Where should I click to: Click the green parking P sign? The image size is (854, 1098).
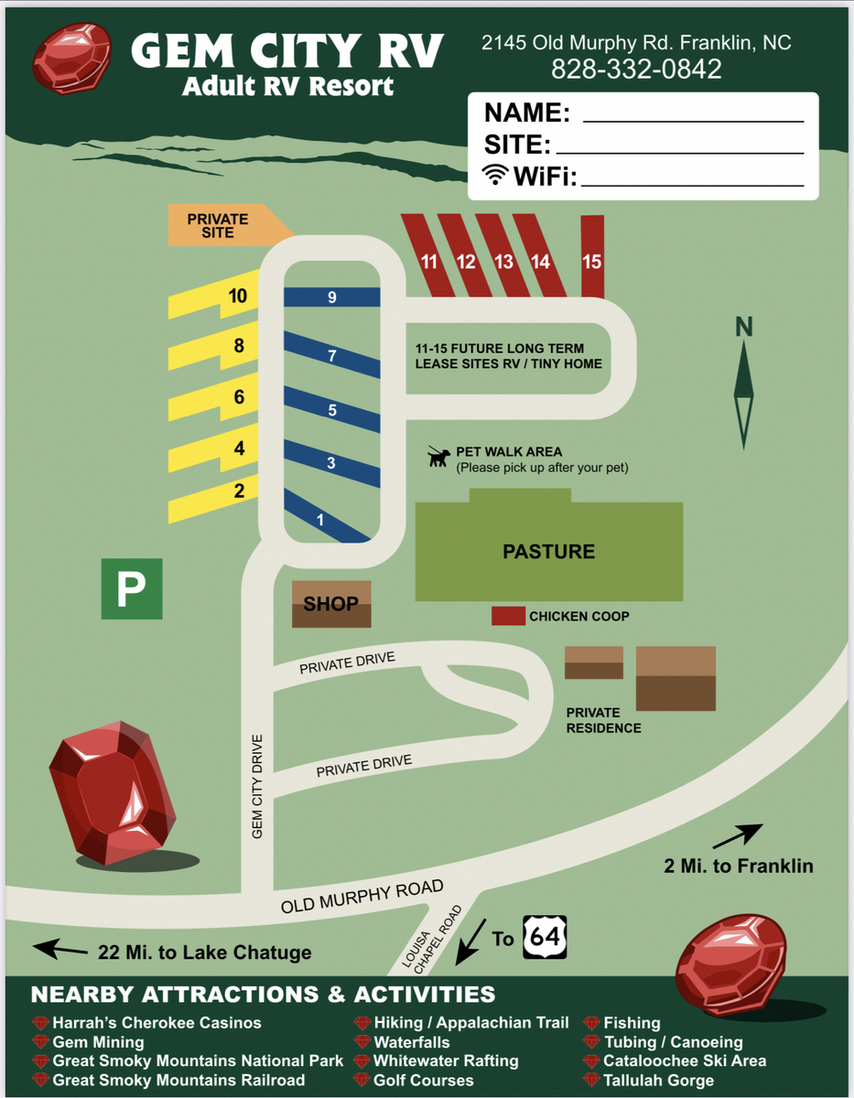click(x=132, y=588)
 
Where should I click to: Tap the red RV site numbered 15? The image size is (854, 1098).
click(x=592, y=257)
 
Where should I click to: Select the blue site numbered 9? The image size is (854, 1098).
click(x=331, y=296)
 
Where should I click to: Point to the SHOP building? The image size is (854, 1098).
click(x=331, y=604)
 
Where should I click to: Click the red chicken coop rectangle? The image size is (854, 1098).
click(x=508, y=616)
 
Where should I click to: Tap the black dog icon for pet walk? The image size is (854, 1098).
click(x=439, y=456)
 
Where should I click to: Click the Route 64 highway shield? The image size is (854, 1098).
click(x=545, y=937)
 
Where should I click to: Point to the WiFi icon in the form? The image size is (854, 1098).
click(x=495, y=175)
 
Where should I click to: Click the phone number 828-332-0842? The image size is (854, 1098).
click(x=636, y=69)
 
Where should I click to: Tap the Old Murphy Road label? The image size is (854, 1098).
click(x=362, y=897)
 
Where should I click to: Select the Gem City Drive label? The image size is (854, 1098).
click(x=258, y=785)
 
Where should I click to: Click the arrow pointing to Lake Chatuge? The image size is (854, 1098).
click(x=60, y=950)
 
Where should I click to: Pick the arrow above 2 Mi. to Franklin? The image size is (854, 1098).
click(x=738, y=834)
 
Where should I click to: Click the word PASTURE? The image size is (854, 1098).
click(x=549, y=551)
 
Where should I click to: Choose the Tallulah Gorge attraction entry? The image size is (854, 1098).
click(x=658, y=1080)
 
